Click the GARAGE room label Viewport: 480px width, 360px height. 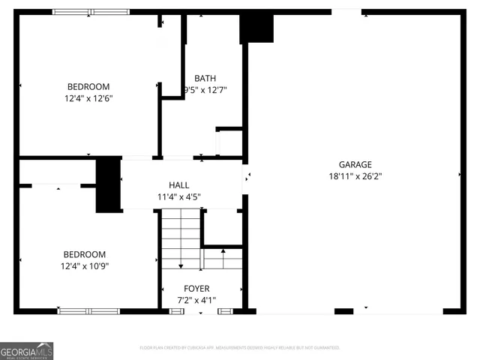click(355, 165)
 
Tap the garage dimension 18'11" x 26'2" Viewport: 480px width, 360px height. click(355, 177)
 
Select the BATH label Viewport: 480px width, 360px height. click(205, 78)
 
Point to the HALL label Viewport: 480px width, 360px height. click(178, 185)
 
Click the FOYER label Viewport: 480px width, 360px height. click(196, 289)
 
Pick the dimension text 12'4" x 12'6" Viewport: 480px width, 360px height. click(88, 98)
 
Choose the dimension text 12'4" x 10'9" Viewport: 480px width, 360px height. click(85, 266)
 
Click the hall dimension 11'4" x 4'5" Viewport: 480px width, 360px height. click(178, 197)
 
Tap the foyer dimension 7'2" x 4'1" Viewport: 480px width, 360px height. click(196, 301)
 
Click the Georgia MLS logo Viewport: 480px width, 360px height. click(26, 350)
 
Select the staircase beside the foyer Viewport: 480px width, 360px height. click(181, 240)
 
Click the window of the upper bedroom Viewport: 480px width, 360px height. click(90, 12)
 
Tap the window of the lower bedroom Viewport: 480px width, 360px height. click(88, 310)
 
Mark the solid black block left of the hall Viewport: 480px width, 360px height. click(108, 184)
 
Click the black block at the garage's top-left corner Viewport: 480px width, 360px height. click(256, 28)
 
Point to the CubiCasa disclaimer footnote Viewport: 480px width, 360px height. click(240, 348)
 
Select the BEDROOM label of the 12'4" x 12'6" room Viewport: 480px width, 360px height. click(88, 86)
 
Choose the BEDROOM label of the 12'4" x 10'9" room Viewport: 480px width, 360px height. click(85, 254)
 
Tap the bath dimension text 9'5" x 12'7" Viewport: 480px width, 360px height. click(205, 90)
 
